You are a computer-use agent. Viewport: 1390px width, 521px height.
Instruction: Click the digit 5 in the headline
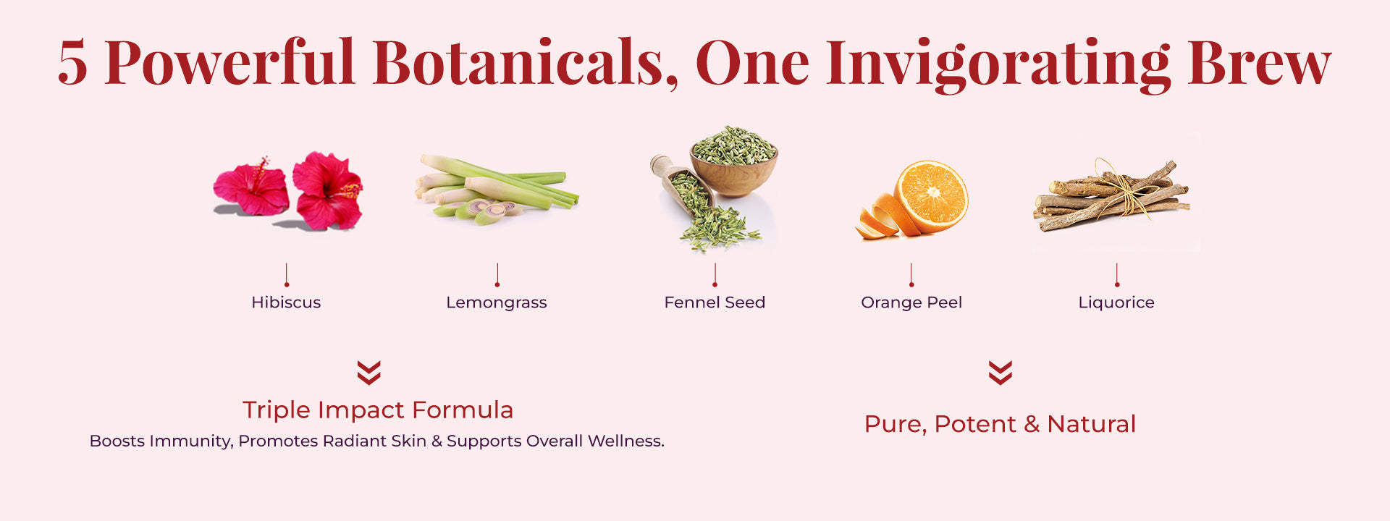click(x=72, y=63)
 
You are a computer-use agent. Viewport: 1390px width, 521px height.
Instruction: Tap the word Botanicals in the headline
click(x=526, y=62)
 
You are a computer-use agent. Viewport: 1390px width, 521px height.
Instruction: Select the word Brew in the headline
click(x=1259, y=63)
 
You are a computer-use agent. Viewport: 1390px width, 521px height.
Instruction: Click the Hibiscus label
click(x=286, y=302)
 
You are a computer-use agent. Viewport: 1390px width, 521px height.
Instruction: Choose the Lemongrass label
click(x=497, y=303)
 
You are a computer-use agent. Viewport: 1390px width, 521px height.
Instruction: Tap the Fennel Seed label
click(x=715, y=302)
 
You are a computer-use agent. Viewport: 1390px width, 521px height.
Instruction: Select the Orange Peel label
click(x=911, y=302)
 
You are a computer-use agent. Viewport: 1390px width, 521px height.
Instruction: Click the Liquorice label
click(x=1116, y=303)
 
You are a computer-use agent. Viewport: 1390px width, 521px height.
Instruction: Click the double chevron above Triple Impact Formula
click(x=369, y=373)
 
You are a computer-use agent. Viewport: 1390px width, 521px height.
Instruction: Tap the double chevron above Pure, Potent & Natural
click(x=1001, y=373)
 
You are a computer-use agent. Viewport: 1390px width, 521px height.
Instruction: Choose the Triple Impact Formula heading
click(x=378, y=410)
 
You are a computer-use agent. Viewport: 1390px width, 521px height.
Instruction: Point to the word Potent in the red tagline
click(x=975, y=424)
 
